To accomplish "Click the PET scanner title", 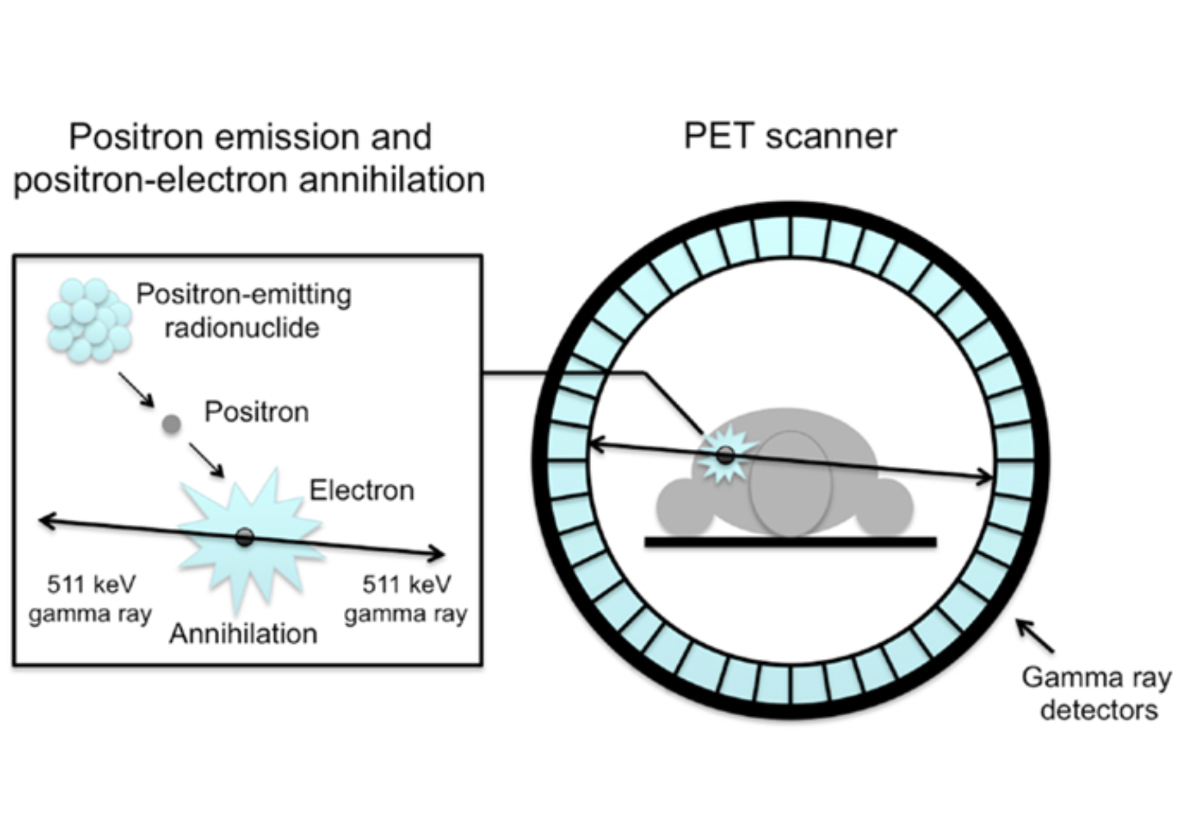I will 789,136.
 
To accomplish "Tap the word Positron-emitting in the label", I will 243,295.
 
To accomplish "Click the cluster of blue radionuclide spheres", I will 89,320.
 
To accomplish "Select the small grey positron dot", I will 171,425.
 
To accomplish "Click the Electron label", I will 362,490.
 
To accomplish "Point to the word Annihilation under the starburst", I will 243,634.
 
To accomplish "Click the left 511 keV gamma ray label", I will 91,599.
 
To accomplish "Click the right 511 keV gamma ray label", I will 406,599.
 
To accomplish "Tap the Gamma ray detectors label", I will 1096,693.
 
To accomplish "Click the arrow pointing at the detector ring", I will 1035,635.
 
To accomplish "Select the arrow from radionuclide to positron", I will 136,390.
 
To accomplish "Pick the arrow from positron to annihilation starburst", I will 207,460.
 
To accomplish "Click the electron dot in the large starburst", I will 245,537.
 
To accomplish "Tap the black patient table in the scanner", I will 790,541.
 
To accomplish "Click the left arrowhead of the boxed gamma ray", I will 43,521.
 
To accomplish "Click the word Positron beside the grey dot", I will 257,412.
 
